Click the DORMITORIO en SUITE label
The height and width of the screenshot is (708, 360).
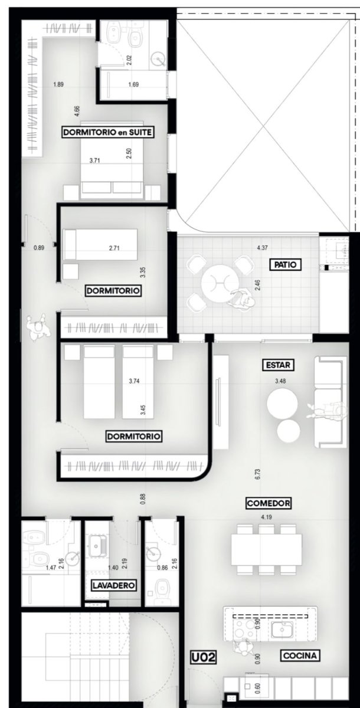108,132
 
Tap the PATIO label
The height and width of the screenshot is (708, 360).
285,264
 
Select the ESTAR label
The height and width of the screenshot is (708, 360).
278,365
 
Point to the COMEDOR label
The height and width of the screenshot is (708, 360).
269,503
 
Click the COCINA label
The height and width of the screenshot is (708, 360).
300,655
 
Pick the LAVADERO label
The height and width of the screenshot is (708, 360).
114,585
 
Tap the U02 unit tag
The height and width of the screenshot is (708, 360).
204,658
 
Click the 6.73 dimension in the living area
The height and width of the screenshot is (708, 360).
257,474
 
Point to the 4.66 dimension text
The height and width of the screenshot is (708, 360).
77,112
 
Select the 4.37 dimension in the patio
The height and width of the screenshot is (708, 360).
263,248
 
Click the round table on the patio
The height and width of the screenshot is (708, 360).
220,283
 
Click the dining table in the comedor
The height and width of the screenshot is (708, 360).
266,550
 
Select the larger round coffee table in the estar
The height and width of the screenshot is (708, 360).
282,404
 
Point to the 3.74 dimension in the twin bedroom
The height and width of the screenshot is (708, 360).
134,381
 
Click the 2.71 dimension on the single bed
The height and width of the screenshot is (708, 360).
114,248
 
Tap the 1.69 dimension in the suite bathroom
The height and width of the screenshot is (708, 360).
133,84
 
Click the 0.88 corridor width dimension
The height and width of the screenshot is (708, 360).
143,499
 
